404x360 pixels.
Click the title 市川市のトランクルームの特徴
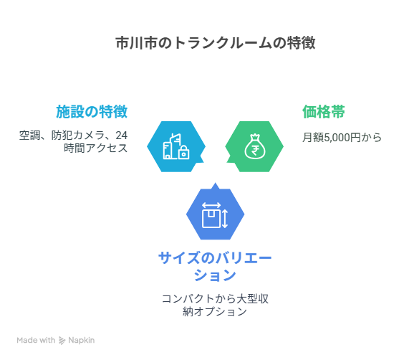click(216, 43)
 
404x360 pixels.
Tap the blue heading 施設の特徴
click(92, 112)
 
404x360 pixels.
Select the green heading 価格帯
click(323, 112)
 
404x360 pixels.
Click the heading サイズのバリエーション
click(215, 266)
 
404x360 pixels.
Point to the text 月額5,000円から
click(342, 137)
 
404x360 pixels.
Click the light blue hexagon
click(176, 146)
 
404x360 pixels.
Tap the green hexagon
click(254, 146)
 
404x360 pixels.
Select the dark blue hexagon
click(215, 213)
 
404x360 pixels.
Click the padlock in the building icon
click(183, 153)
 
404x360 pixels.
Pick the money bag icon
click(254, 146)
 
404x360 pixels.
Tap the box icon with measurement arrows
click(215, 215)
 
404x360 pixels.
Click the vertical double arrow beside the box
click(225, 219)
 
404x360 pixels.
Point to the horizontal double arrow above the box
click(211, 205)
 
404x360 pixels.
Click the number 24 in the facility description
click(121, 135)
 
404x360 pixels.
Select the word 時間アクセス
click(95, 148)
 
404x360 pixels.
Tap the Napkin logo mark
click(62, 341)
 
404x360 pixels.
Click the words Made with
click(36, 340)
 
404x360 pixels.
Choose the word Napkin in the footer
click(82, 341)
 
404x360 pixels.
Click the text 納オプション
click(215, 311)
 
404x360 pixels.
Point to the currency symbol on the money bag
click(254, 150)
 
